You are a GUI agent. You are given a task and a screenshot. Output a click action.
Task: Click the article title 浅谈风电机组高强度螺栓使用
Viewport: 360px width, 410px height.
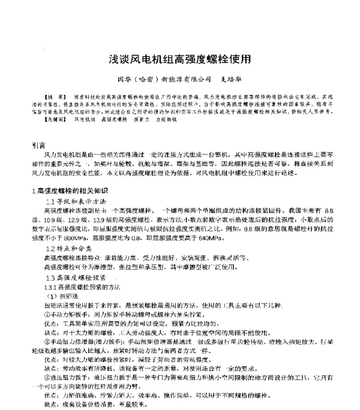pyautogui.click(x=179, y=61)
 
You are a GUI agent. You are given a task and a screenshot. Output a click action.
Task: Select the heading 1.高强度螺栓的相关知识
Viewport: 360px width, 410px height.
pyautogui.click(x=68, y=191)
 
